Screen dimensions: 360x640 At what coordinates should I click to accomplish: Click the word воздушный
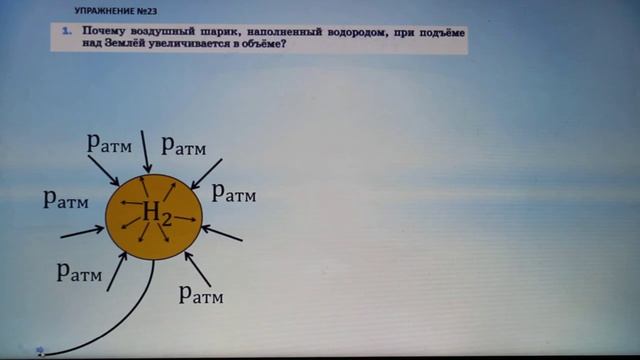pyautogui.click(x=161, y=33)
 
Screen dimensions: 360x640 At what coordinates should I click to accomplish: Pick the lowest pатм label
pyautogui.click(x=200, y=294)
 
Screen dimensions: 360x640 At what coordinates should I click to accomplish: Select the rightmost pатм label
pyautogui.click(x=234, y=192)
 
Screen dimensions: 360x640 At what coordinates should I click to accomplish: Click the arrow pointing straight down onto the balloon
pyautogui.click(x=147, y=151)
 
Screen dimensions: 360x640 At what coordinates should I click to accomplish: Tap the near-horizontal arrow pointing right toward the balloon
pyautogui.click(x=82, y=232)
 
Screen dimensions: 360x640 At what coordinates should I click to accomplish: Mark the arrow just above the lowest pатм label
pyautogui.click(x=197, y=267)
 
